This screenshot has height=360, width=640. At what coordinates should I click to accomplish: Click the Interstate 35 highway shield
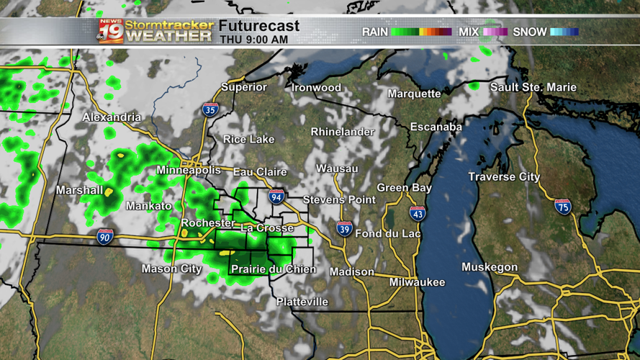(x=210, y=109)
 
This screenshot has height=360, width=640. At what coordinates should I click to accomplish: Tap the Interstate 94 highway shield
(x=276, y=196)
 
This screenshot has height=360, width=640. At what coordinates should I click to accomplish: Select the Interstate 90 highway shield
(x=105, y=235)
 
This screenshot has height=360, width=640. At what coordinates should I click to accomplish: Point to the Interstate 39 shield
(x=345, y=229)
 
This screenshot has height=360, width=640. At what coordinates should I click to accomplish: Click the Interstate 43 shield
(x=418, y=212)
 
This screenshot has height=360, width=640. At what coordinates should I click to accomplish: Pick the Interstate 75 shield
(x=563, y=206)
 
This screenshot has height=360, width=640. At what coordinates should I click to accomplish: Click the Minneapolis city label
(x=189, y=171)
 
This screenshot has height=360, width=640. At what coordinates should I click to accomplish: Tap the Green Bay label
(x=404, y=188)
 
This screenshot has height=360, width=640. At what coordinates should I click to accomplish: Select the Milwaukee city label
(x=418, y=282)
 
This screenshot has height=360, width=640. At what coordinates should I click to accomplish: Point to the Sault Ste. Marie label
(x=533, y=87)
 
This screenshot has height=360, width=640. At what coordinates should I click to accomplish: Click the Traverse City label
(x=504, y=176)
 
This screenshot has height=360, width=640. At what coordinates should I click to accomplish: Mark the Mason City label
(x=171, y=269)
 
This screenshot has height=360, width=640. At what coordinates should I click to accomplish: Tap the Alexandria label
(x=112, y=117)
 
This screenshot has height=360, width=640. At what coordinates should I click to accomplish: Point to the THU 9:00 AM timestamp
(x=254, y=40)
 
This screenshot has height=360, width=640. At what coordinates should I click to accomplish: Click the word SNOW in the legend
(x=529, y=32)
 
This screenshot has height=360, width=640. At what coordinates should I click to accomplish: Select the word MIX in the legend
(x=469, y=32)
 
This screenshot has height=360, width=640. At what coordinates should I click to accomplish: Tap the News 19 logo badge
(x=111, y=31)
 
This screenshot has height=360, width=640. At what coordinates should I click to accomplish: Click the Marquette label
(x=414, y=94)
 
